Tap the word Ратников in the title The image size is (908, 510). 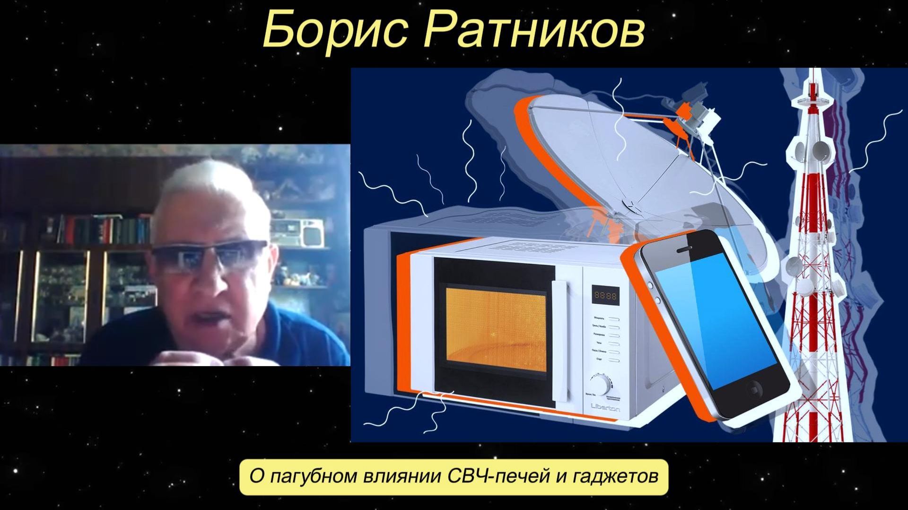534,29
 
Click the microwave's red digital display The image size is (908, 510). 605,296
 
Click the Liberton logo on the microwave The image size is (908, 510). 605,408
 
